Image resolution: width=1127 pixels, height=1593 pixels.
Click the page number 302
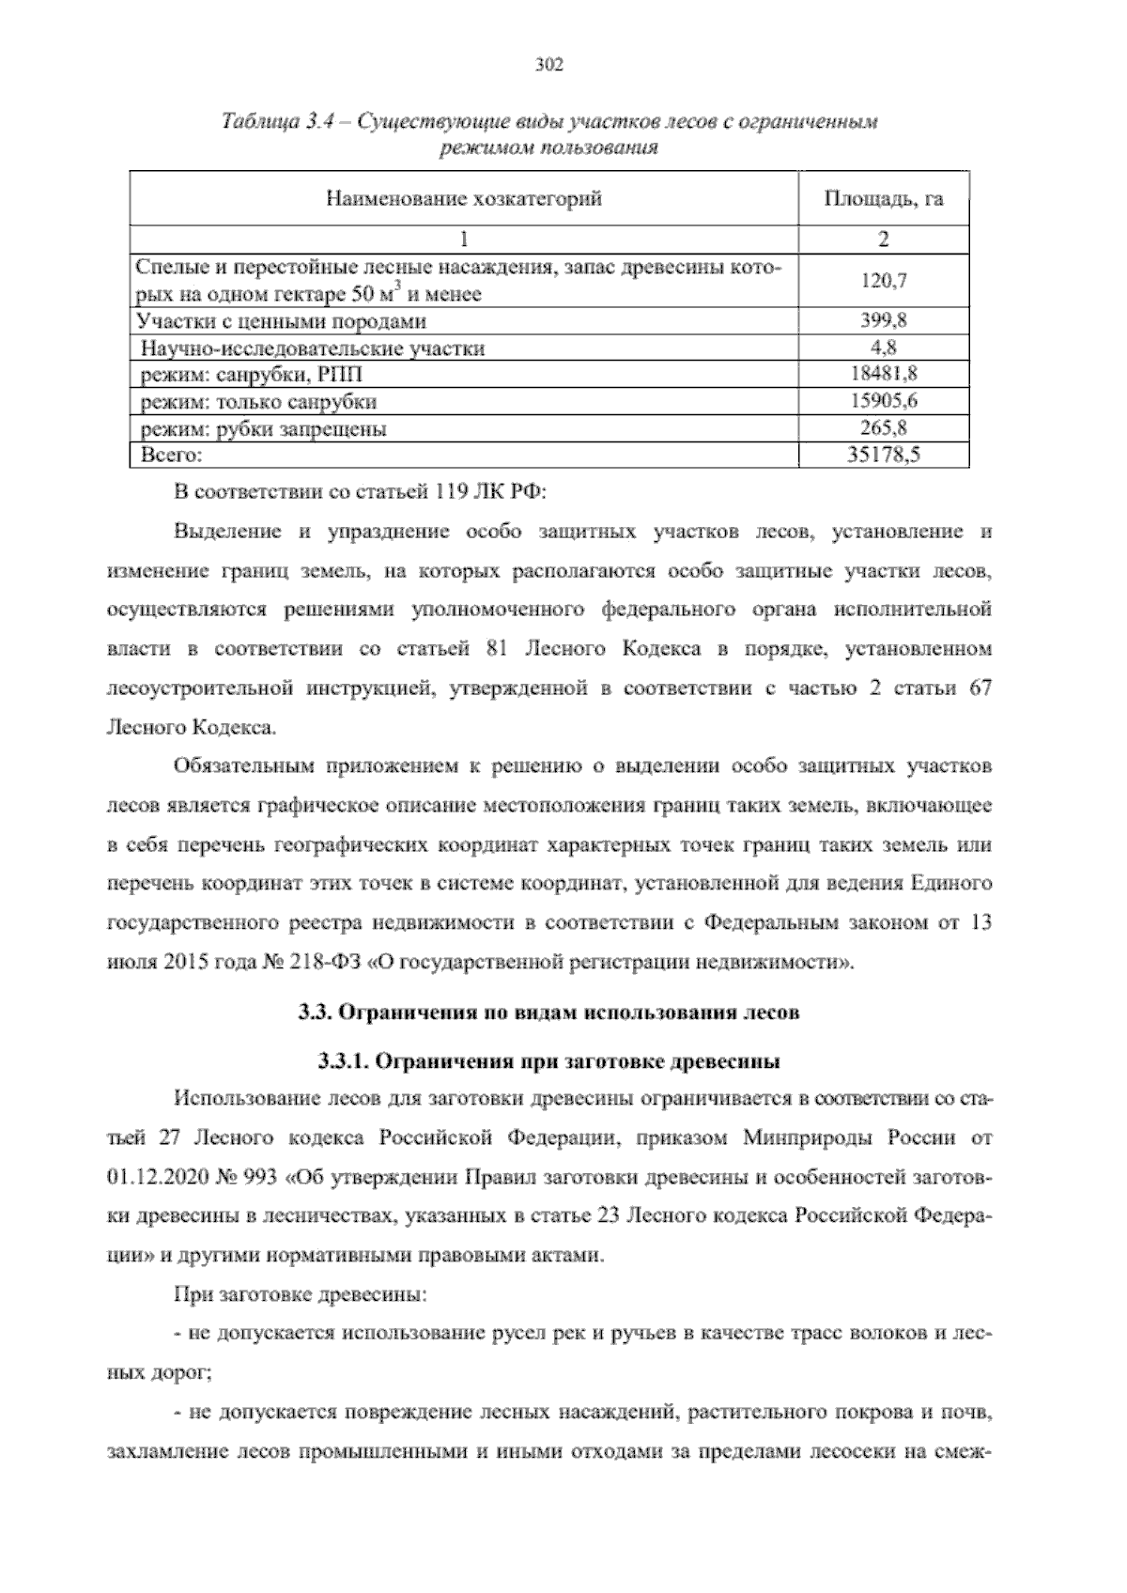tap(548, 64)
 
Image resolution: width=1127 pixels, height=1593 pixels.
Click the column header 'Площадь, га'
tap(883, 199)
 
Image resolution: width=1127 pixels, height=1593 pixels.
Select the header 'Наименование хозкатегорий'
tap(464, 199)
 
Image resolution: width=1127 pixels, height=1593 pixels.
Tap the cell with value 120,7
tap(883, 281)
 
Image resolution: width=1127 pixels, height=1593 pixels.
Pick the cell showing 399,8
tap(883, 321)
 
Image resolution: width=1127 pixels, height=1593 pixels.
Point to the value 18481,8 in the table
tap(883, 374)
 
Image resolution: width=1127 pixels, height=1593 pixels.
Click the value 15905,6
tap(883, 401)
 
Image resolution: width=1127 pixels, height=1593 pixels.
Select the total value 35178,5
tap(883, 456)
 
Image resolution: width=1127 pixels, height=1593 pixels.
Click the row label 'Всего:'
tap(171, 456)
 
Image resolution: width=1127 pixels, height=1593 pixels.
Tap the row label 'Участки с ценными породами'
tap(281, 321)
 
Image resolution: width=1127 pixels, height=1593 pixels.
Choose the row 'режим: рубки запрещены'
tap(263, 429)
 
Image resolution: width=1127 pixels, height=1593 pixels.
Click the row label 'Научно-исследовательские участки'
tap(313, 348)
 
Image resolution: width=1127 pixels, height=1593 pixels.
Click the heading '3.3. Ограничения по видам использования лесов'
tap(548, 1013)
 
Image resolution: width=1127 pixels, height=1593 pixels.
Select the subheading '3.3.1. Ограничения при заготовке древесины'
tap(548, 1061)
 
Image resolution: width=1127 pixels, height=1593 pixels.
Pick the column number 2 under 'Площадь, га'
tap(883, 239)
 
